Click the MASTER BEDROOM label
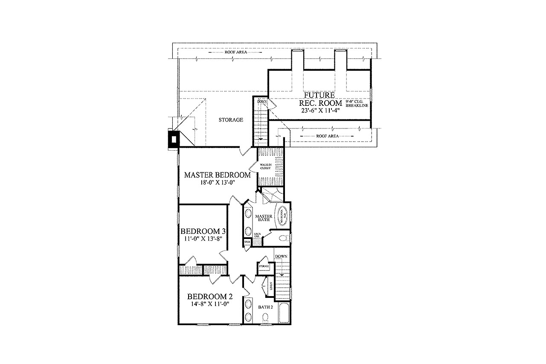pyautogui.click(x=217, y=175)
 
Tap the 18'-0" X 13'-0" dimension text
pyautogui.click(x=217, y=182)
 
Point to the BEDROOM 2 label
pyautogui.click(x=210, y=297)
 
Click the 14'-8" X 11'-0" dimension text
pyautogui.click(x=210, y=304)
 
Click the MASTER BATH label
pyautogui.click(x=264, y=218)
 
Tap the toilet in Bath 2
pyautogui.click(x=265, y=317)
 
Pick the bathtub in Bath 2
pyautogui.click(x=285, y=314)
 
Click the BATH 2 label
pyautogui.click(x=265, y=306)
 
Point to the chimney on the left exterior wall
pyautogui.click(x=174, y=140)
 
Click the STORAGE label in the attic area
pyautogui.click(x=231, y=120)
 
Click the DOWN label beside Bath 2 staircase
pyautogui.click(x=281, y=256)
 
